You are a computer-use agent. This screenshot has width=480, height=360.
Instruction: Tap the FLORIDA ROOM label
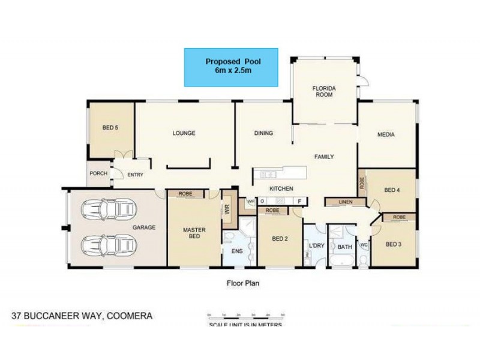click(x=324, y=91)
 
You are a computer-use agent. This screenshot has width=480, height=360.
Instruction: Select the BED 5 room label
click(x=110, y=127)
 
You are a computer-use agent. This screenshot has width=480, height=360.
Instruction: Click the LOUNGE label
click(x=184, y=133)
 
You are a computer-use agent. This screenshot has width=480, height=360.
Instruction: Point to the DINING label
click(x=263, y=133)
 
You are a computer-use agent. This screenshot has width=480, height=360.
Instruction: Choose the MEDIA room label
click(x=386, y=134)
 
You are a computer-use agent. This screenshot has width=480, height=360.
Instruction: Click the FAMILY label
click(x=324, y=157)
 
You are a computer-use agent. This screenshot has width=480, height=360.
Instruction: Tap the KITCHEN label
click(x=281, y=188)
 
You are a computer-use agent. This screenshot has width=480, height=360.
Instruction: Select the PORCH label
click(x=98, y=174)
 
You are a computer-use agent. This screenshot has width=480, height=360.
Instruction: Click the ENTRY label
click(x=134, y=175)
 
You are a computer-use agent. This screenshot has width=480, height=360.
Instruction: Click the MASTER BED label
click(x=194, y=233)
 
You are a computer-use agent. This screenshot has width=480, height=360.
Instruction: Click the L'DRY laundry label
click(x=316, y=247)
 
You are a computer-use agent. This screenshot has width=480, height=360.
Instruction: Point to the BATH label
click(x=344, y=247)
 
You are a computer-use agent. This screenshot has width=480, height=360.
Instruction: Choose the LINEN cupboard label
click(x=345, y=202)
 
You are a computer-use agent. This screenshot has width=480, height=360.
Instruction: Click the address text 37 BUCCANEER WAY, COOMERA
click(x=83, y=315)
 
